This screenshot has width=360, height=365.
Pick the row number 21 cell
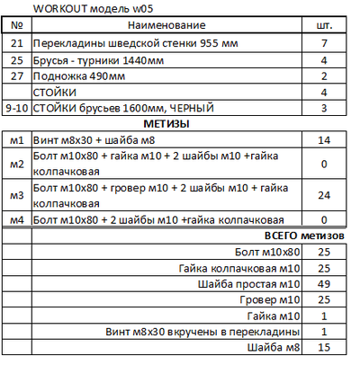click(x=15, y=43)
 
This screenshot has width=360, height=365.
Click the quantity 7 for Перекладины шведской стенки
click(x=325, y=43)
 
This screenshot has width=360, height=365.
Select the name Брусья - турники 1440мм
click(x=95, y=59)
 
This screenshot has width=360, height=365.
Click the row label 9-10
click(x=15, y=108)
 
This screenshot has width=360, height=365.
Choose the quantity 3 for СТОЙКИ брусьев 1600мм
click(x=325, y=108)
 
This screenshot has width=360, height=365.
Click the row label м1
click(x=15, y=140)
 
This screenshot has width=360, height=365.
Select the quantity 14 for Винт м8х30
click(x=325, y=140)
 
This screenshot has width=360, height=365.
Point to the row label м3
click(x=15, y=194)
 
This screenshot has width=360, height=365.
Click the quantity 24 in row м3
click(x=325, y=194)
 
